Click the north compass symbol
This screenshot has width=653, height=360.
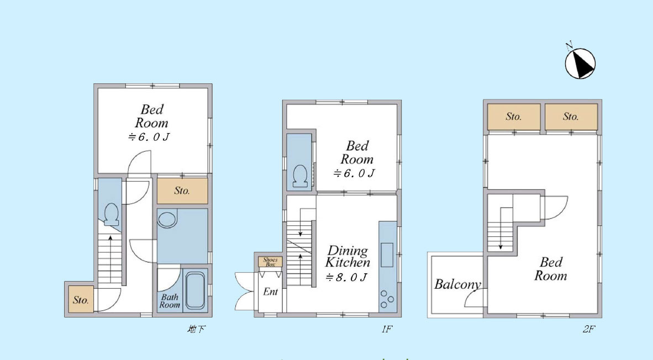(x=580, y=63)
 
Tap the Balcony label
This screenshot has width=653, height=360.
(x=457, y=284)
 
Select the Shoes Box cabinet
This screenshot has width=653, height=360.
(x=270, y=262)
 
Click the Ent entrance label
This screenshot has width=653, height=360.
(x=270, y=292)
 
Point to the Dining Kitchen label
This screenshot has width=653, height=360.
(x=347, y=256)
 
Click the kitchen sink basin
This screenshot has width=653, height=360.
(x=387, y=255)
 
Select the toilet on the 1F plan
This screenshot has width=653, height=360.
(x=300, y=176)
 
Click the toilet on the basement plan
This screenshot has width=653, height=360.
(x=111, y=214)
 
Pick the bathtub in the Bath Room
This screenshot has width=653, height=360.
(x=195, y=290)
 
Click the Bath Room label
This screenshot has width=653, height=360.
(x=170, y=301)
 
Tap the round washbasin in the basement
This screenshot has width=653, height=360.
(x=167, y=219)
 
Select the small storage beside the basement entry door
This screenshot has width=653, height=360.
(x=81, y=300)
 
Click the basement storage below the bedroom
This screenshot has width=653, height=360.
(x=182, y=191)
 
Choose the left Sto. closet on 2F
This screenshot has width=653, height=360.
(x=514, y=117)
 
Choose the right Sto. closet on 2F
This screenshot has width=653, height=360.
(x=571, y=117)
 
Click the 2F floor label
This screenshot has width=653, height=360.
(x=588, y=329)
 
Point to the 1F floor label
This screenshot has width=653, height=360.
(x=387, y=329)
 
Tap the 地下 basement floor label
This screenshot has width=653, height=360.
(x=196, y=329)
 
